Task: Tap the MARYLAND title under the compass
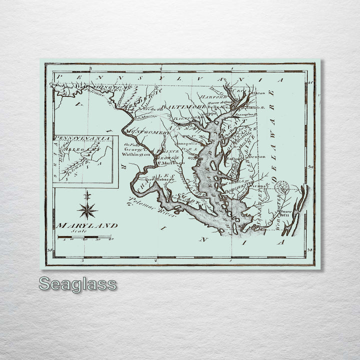[87, 225]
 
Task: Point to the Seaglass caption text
[77, 284]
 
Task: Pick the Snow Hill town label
[286, 213]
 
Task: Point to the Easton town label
[233, 158]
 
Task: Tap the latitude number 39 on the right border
[310, 168]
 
